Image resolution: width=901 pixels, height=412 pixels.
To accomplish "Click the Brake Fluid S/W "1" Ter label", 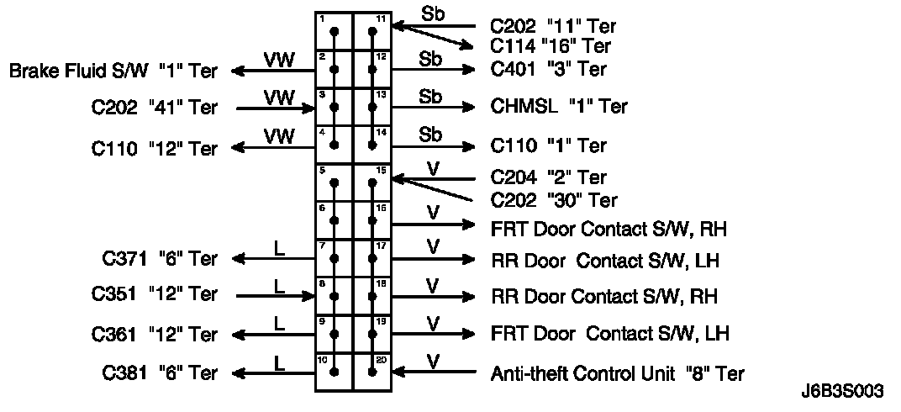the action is pyautogui.click(x=113, y=71).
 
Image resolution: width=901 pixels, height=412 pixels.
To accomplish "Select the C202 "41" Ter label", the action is pyautogui.click(x=154, y=108).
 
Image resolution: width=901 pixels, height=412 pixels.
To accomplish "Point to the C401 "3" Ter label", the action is pyautogui.click(x=548, y=69).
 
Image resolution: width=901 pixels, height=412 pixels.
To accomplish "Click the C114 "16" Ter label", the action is pyautogui.click(x=551, y=46).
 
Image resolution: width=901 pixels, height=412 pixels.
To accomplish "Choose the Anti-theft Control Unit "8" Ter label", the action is pyautogui.click(x=617, y=372).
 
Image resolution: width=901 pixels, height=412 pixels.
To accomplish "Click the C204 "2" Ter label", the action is pyautogui.click(x=548, y=177).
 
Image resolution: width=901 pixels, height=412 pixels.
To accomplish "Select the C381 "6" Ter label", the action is pyautogui.click(x=160, y=372).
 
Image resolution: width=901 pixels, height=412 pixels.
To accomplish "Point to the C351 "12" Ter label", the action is pyautogui.click(x=154, y=295).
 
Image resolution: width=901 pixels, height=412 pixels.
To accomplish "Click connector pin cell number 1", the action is pyautogui.click(x=334, y=31).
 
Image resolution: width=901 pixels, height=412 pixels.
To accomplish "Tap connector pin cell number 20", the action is pyautogui.click(x=373, y=372).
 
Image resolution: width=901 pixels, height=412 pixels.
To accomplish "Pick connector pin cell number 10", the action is pyautogui.click(x=334, y=372).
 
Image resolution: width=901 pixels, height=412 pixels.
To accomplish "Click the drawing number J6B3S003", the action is pyautogui.click(x=842, y=393).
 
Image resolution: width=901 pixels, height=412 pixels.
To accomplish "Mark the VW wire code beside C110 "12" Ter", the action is pyautogui.click(x=279, y=135).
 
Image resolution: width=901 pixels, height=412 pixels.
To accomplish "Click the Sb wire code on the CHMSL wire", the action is pyautogui.click(x=430, y=97).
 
